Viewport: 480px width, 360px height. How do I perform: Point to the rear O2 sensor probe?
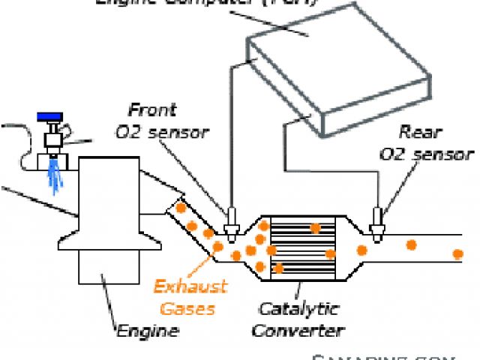point(377,220)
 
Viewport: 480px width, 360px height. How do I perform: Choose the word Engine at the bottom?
point(147,329)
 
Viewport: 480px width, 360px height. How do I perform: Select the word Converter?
point(298,330)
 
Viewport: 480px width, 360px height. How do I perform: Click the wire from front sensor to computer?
point(229,135)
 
